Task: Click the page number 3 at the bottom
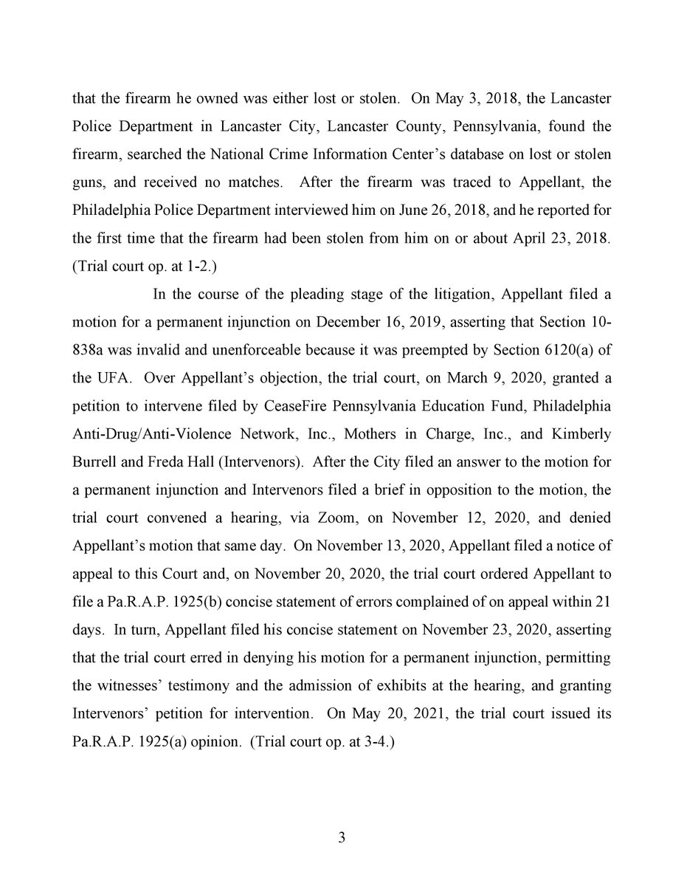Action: tap(342, 838)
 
